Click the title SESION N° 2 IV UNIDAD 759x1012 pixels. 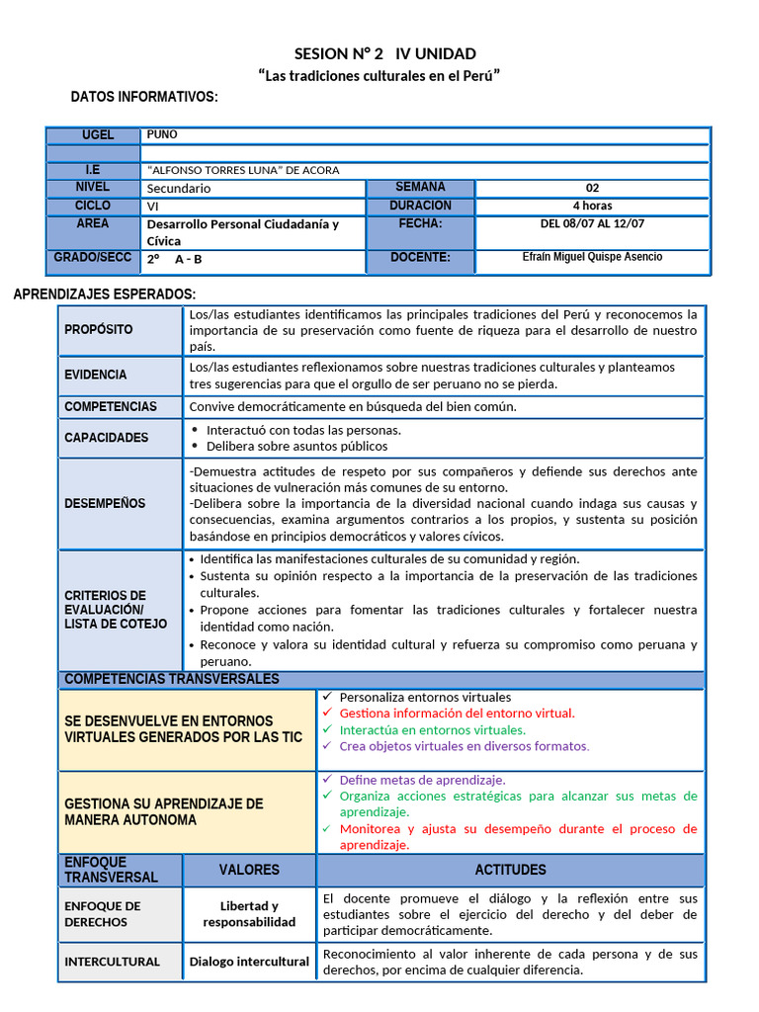384,53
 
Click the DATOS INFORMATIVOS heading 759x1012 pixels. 144,97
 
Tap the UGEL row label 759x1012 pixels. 98,134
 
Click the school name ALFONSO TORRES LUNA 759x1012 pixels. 242,170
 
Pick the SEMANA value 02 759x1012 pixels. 592,188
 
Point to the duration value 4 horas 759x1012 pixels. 592,206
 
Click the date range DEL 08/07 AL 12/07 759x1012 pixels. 592,224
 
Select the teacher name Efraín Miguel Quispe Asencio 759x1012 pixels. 592,257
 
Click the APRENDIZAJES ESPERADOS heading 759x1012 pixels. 104,295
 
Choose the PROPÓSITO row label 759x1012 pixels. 99,329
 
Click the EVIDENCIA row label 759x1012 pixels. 96,375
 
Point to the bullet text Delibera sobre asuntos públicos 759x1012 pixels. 296,446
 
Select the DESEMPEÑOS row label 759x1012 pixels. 105,503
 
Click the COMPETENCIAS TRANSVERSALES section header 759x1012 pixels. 172,679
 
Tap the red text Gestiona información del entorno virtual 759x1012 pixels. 457,713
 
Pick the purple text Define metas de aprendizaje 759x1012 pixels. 422,779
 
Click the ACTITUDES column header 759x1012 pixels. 510,870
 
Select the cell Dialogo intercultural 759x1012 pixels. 249,962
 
